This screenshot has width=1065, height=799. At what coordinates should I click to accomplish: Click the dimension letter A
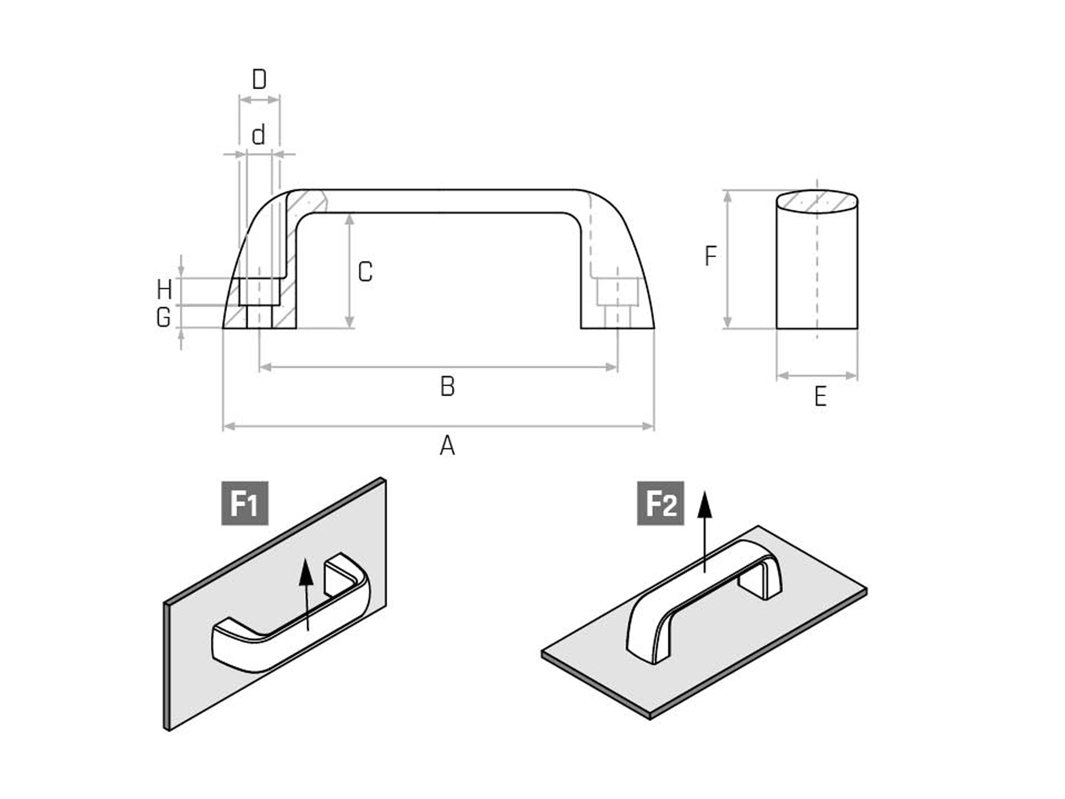[447, 445]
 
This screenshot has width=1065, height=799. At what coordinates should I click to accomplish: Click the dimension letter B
[447, 386]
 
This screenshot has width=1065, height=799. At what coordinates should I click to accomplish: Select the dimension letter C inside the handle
[365, 272]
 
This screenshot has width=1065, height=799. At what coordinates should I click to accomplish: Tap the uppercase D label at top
[259, 80]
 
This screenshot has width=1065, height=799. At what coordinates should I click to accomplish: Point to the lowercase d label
[258, 135]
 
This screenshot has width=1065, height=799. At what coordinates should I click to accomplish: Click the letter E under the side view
[820, 396]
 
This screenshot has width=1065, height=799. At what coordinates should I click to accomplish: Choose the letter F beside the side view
[711, 256]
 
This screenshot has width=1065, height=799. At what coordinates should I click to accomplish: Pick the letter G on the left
[164, 317]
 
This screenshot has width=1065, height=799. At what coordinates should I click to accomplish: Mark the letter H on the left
[164, 290]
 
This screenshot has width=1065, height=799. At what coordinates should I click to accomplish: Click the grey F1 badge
[245, 503]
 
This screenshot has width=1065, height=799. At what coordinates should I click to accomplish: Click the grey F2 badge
[660, 503]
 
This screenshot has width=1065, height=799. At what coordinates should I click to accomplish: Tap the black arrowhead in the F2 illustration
[705, 506]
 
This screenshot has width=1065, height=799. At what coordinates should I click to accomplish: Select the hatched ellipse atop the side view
[817, 201]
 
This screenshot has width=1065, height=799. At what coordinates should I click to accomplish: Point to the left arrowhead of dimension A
[228, 426]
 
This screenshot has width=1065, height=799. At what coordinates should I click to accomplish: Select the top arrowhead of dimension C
[349, 219]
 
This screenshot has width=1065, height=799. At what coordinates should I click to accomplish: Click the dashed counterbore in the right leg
[617, 292]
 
